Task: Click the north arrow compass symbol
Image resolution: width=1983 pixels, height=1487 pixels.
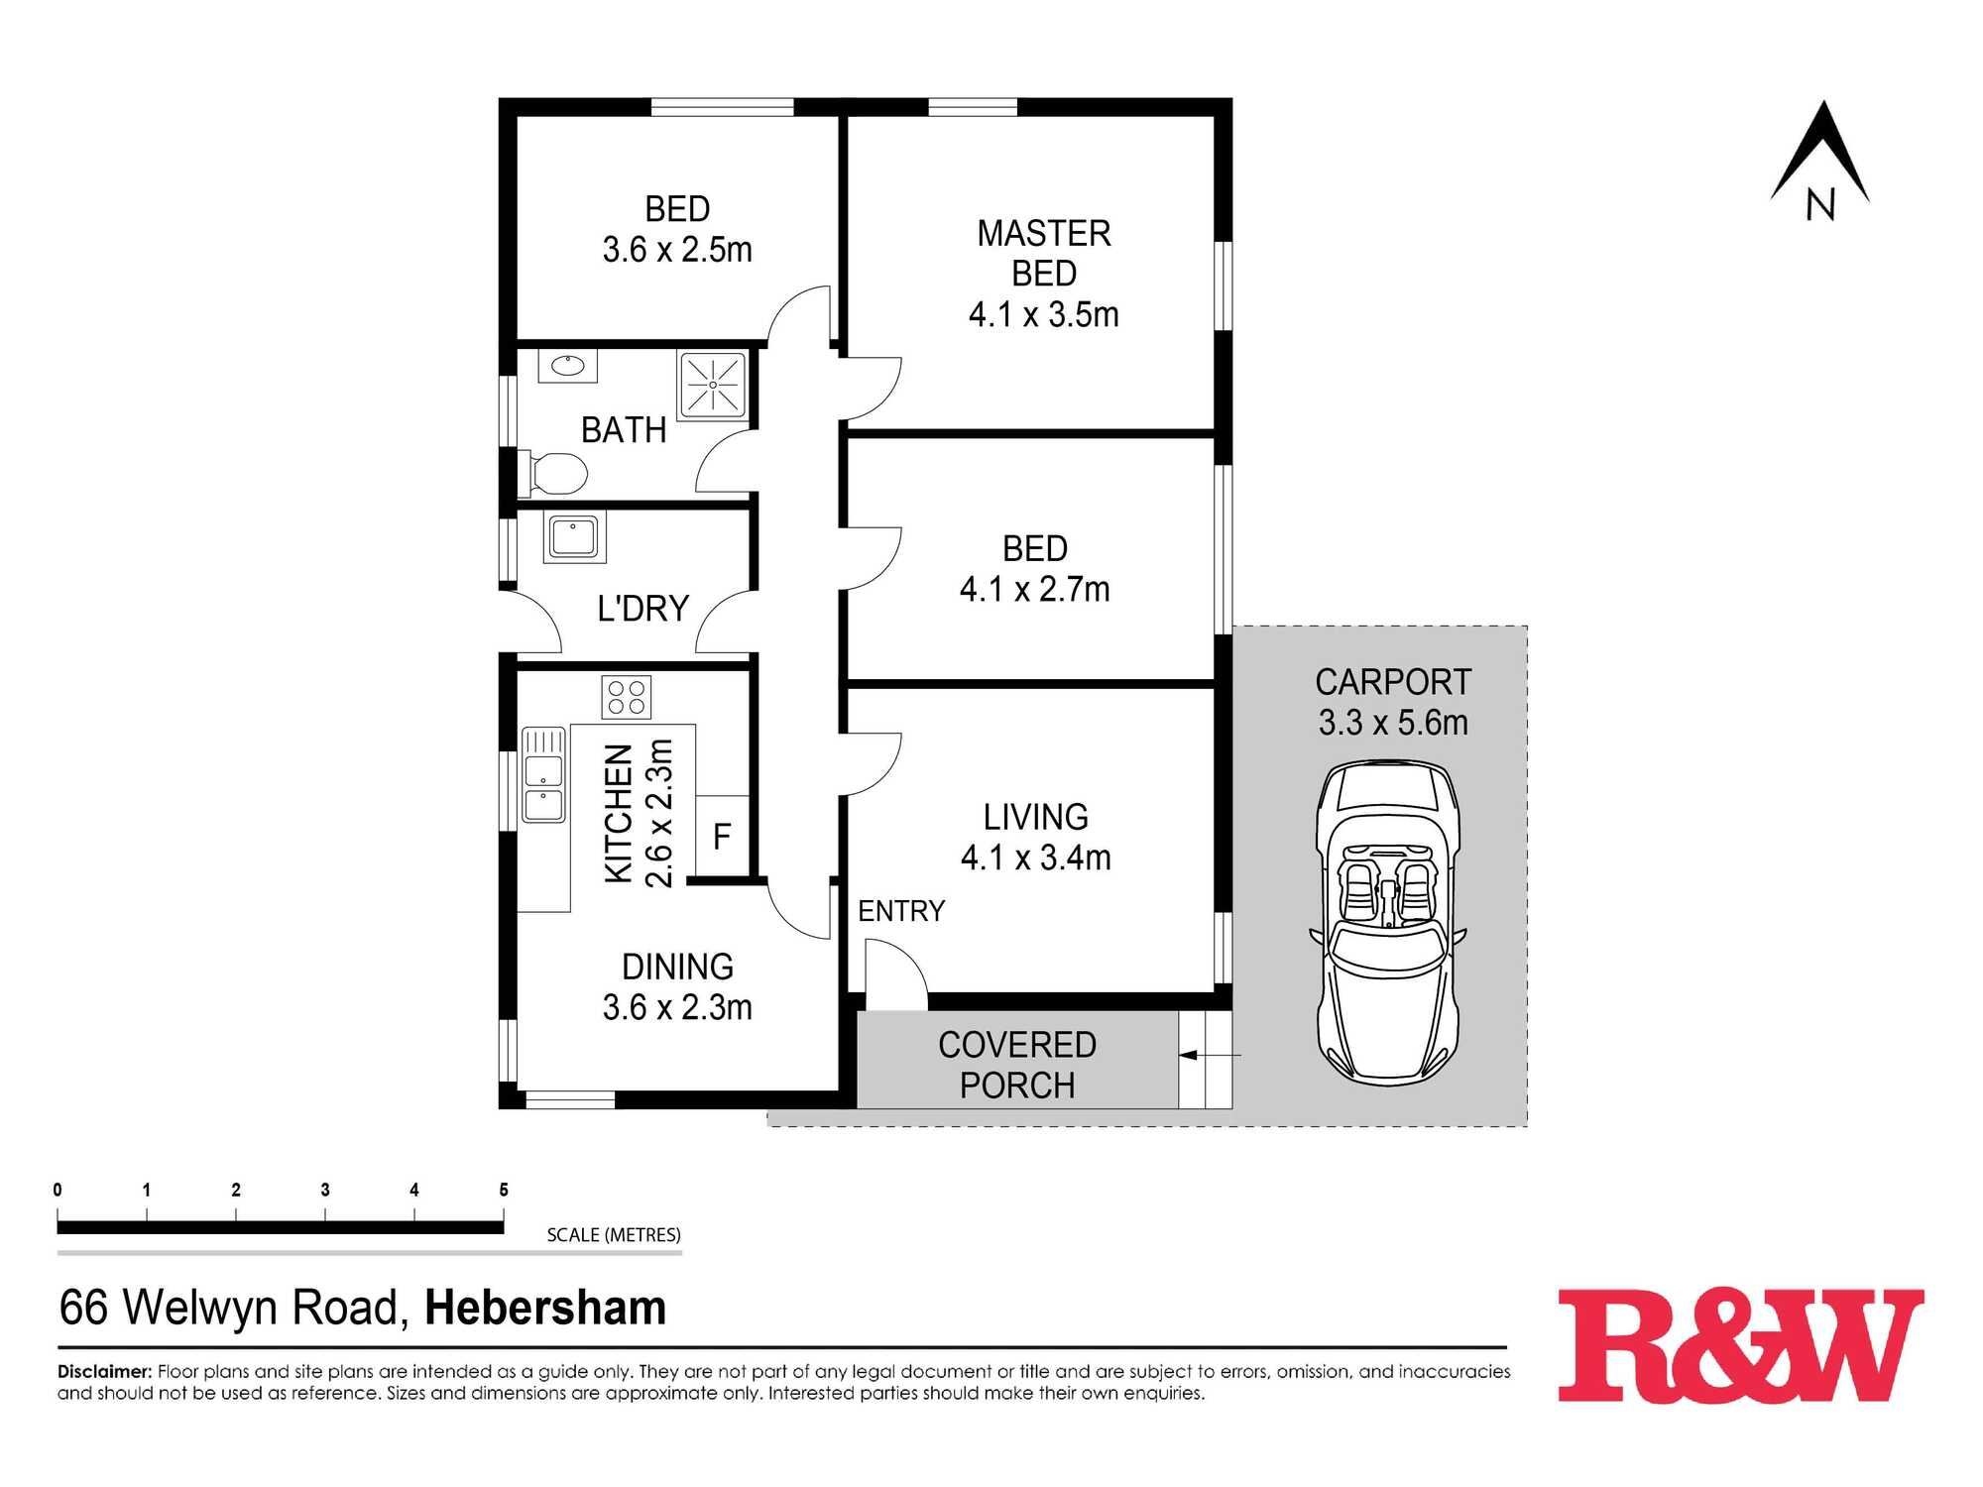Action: click(1820, 159)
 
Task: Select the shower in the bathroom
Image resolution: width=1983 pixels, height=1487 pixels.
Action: click(713, 385)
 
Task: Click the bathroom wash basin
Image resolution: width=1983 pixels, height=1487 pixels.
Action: click(568, 366)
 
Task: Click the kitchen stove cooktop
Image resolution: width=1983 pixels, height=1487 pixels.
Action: click(627, 697)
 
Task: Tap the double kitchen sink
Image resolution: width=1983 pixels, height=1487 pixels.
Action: click(543, 774)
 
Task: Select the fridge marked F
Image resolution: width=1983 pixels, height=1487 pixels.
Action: click(722, 836)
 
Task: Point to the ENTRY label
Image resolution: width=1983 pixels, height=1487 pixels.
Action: click(901, 911)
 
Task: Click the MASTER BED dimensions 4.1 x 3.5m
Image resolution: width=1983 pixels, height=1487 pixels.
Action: click(1044, 314)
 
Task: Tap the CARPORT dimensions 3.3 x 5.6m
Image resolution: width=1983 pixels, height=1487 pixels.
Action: click(1393, 723)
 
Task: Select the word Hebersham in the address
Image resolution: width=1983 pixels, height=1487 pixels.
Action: click(545, 1308)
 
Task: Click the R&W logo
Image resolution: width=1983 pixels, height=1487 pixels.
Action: click(1741, 1344)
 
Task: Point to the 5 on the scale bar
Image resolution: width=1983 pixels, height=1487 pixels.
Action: click(504, 1190)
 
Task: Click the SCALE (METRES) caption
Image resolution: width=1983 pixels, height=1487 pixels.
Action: click(614, 1235)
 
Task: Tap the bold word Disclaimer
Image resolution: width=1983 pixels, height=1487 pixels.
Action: click(105, 1372)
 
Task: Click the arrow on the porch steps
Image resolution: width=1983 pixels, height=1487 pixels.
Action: click(1210, 1056)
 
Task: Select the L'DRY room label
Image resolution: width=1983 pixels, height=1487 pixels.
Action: click(642, 608)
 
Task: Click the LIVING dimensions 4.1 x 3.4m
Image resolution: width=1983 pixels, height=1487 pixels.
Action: click(1036, 858)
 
